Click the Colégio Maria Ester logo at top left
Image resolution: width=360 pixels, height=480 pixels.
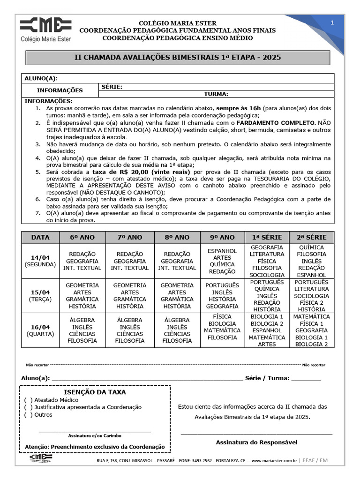45,29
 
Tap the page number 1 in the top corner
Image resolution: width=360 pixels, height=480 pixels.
332,22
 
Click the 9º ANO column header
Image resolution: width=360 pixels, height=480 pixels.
222,237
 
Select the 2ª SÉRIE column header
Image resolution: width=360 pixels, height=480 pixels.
313,237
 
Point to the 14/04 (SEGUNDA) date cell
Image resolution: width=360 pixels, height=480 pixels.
40,261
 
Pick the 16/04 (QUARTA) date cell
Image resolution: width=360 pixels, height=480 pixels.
40,330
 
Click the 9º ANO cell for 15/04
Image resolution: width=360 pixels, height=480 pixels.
222,296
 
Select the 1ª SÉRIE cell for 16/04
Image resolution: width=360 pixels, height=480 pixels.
267,330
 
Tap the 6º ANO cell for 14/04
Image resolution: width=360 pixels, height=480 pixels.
82,261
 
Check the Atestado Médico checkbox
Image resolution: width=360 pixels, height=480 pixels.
28,400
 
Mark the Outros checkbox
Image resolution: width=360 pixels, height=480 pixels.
28,415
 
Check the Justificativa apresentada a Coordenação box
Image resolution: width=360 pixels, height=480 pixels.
28,407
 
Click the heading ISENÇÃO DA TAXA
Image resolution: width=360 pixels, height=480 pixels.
95,392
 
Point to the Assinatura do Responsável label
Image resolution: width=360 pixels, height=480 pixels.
256,442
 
